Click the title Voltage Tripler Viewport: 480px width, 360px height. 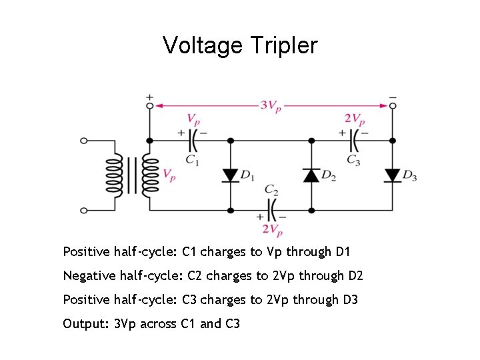240,45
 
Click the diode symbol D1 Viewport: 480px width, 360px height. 231,175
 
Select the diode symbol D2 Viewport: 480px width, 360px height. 311,175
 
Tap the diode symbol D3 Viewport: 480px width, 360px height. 393,175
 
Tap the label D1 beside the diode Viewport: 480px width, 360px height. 247,176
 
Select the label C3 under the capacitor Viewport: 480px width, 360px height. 353,160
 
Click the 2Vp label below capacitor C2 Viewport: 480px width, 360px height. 272,229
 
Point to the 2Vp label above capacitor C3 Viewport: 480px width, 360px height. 355,119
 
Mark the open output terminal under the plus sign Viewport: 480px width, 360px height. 149,105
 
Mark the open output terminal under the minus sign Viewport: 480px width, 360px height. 393,105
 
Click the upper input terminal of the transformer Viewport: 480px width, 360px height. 84,141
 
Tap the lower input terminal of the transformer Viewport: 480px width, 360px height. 84,210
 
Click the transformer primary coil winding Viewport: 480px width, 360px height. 113,175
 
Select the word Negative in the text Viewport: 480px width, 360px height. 88,275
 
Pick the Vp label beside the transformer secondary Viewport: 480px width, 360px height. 169,176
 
